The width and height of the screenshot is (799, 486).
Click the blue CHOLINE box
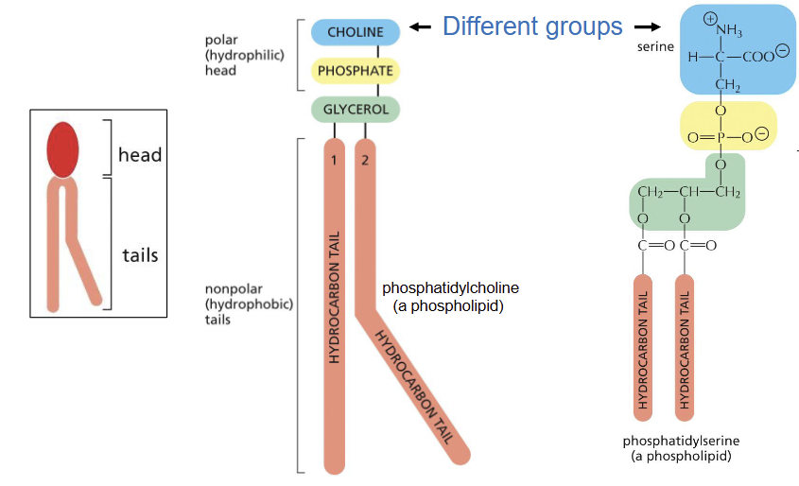click(356, 32)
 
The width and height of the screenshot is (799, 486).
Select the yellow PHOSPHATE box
click(355, 71)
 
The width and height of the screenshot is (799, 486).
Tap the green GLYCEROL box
click(355, 109)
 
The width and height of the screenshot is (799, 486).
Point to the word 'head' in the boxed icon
click(140, 154)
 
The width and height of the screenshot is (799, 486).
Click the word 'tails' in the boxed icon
click(140, 255)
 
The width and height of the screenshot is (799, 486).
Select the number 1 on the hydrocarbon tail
click(334, 160)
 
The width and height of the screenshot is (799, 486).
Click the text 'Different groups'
click(532, 26)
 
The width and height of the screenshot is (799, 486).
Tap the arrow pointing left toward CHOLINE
click(420, 27)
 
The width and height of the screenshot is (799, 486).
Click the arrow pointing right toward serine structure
click(647, 27)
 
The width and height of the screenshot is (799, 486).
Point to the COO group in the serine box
click(761, 56)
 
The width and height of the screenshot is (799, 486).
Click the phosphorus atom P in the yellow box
click(721, 138)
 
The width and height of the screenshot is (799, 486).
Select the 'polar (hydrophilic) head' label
click(232, 55)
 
